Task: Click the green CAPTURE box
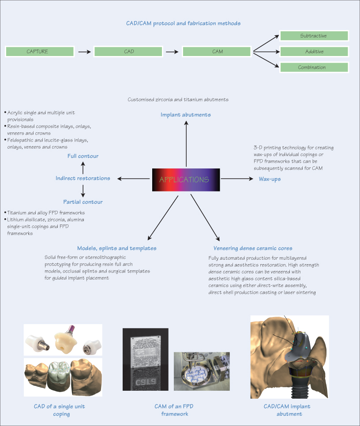pos(37,52)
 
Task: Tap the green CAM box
pos(217,52)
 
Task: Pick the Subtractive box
pos(313,36)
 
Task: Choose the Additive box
pos(314,52)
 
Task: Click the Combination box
pos(313,67)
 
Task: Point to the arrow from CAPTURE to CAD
pos(82,52)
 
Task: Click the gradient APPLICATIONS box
pos(186,179)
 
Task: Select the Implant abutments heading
pos(185,115)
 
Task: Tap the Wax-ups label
pos(270,179)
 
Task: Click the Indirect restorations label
pos(83,178)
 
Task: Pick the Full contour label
pos(83,156)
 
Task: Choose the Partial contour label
pos(83,202)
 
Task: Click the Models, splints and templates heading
pos(116,248)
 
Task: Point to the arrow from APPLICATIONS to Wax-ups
pos(236,179)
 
